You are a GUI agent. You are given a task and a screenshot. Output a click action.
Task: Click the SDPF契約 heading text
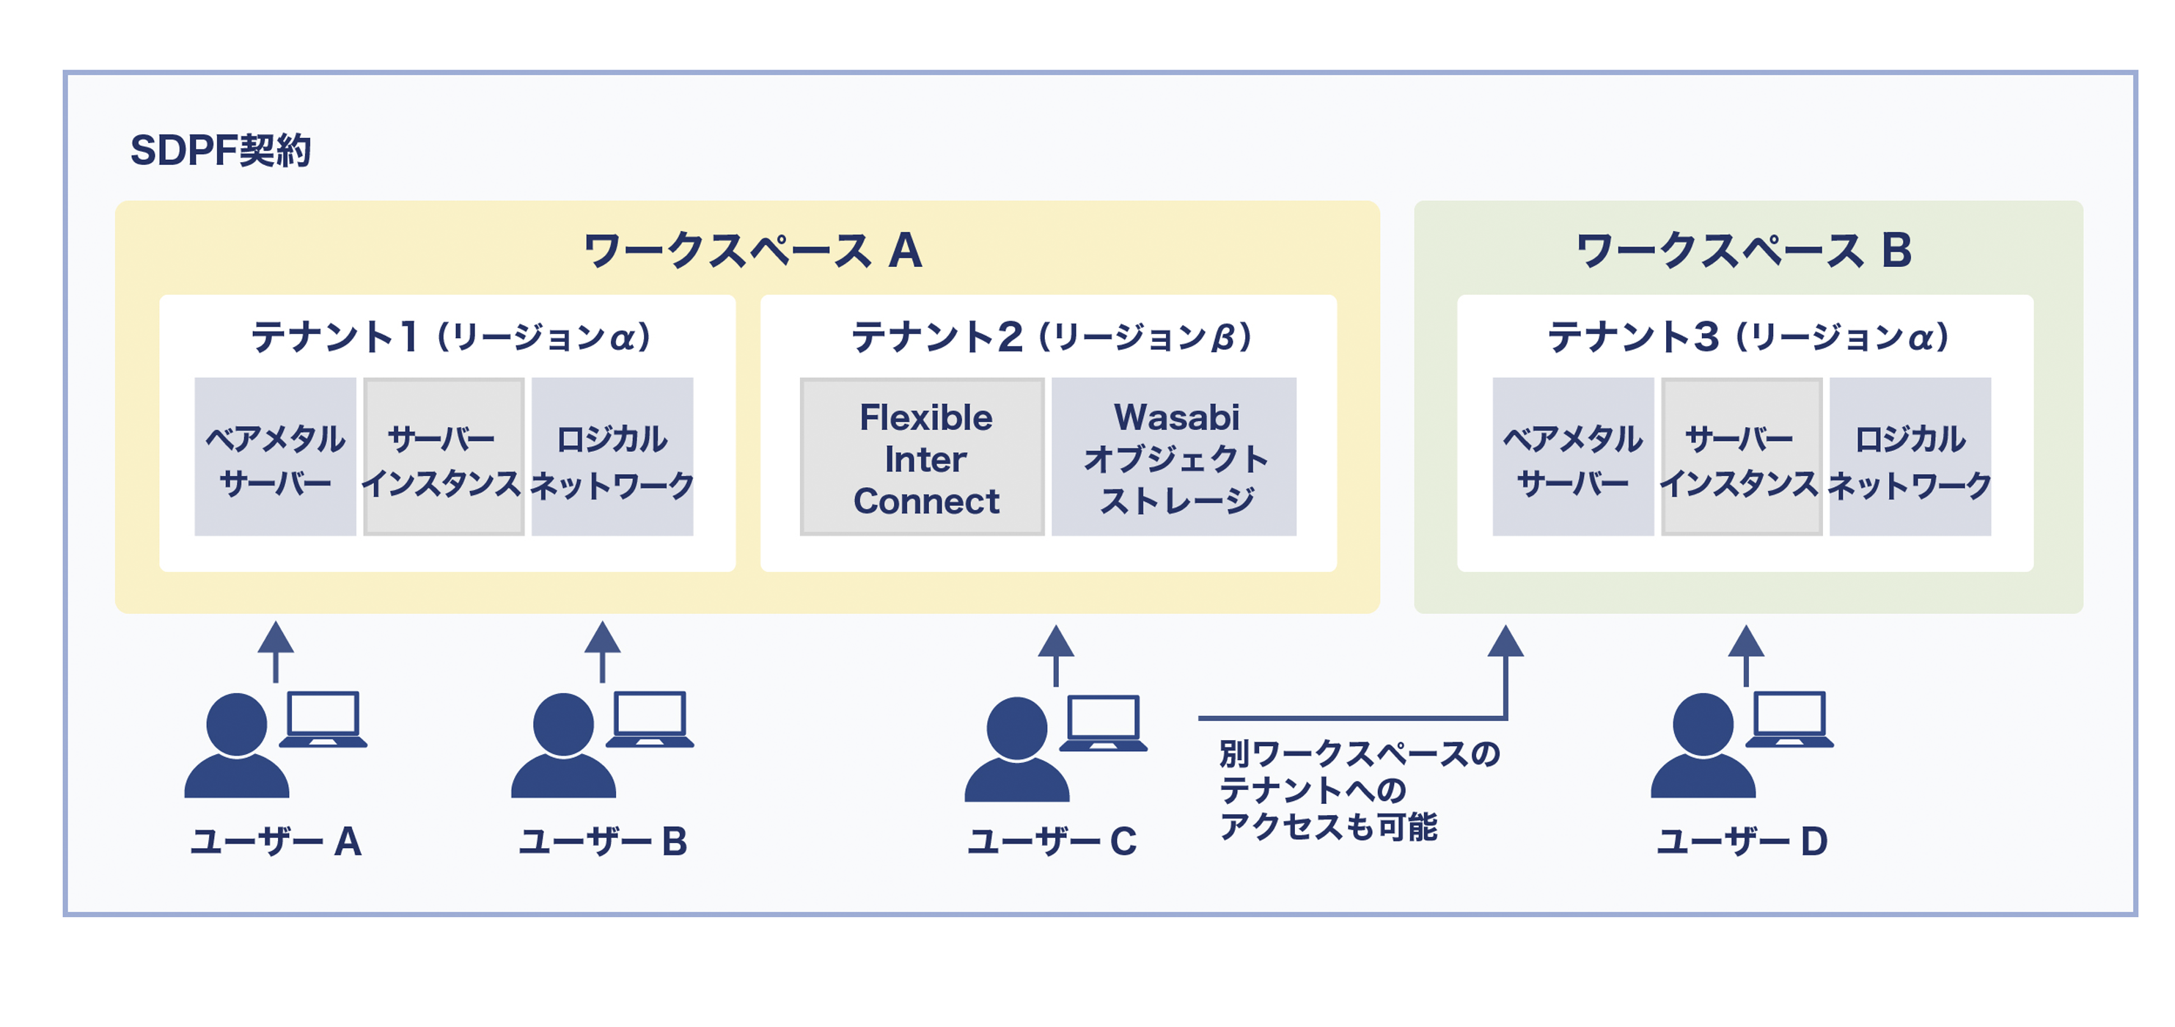pos(221,150)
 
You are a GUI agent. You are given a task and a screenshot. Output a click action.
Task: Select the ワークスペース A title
pos(752,251)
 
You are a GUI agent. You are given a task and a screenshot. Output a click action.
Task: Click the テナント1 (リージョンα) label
pos(451,337)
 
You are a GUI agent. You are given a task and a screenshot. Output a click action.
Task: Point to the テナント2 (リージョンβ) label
pos(1051,337)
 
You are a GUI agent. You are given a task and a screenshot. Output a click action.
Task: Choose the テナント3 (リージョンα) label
pos(1747,337)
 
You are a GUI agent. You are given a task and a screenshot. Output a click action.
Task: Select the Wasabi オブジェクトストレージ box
pos(1175,458)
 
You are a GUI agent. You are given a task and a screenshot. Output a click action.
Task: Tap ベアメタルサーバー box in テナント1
pos(275,458)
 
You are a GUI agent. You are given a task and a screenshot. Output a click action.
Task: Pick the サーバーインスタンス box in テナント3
pos(1740,458)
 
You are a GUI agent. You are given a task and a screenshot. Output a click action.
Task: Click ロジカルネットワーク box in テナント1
pos(612,458)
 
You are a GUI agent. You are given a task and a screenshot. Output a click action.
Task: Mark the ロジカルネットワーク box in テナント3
pos(1910,458)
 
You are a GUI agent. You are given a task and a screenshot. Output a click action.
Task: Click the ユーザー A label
pos(276,841)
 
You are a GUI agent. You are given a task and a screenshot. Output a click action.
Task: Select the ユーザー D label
pos(1742,841)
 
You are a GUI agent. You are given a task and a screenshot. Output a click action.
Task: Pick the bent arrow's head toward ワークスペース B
pos(1505,641)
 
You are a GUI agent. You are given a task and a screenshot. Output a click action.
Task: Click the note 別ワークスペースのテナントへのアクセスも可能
pos(1357,789)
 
